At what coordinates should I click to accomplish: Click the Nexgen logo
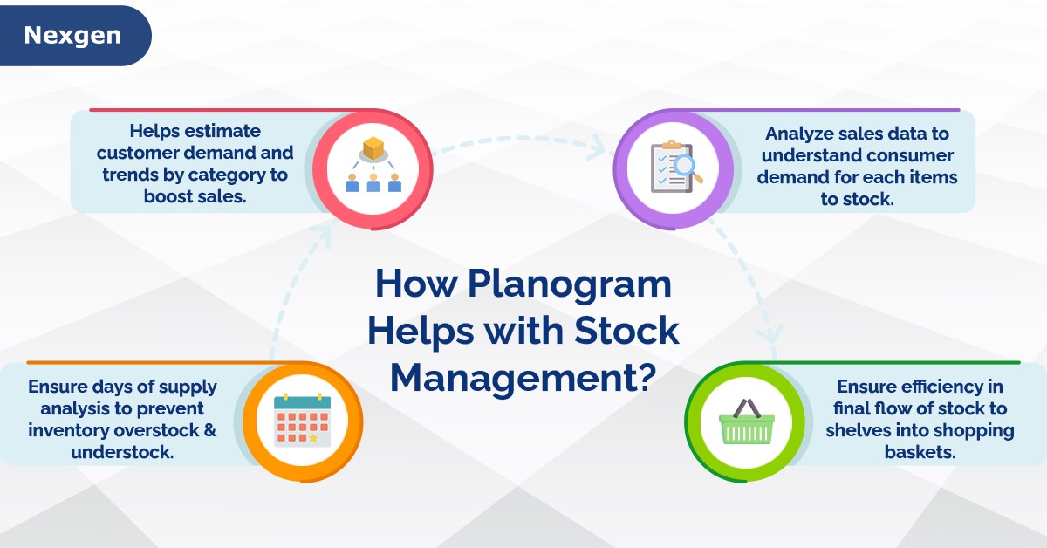pos(72,36)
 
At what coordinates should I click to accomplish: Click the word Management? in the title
pos(523,377)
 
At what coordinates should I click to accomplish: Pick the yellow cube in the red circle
pos(373,148)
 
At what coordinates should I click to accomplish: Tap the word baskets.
pos(919,453)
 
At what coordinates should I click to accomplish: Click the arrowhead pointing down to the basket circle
pos(770,336)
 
